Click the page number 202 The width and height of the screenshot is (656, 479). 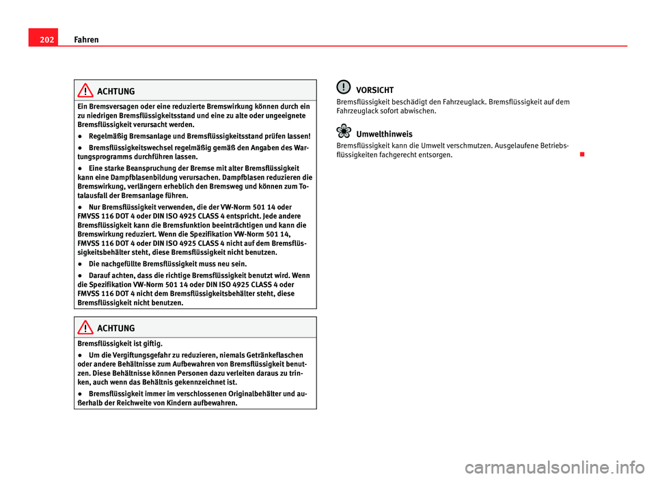pyautogui.click(x=40, y=40)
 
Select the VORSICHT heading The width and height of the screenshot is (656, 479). pyautogui.click(x=374, y=90)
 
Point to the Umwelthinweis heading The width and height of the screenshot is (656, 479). pyautogui.click(x=384, y=134)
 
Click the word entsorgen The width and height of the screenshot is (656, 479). pyautogui.click(x=435, y=155)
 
